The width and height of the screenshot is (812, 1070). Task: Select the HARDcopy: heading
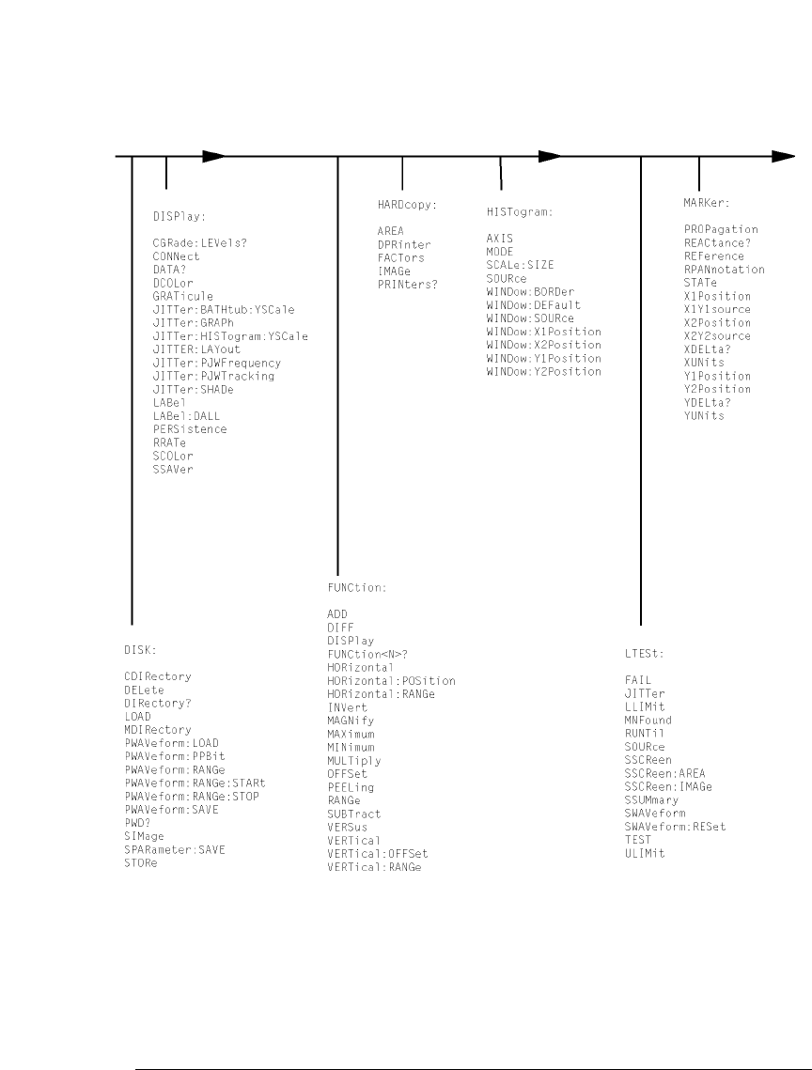402,204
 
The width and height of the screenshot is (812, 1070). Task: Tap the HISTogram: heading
520,212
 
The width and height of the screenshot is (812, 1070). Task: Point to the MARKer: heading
707,202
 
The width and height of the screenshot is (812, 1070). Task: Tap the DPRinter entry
405,244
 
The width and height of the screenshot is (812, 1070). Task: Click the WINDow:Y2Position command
543,371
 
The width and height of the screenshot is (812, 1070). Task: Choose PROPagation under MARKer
721,229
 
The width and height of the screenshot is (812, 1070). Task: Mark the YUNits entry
704,415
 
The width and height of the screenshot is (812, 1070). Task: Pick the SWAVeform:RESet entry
675,827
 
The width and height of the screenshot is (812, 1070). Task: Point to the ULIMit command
645,853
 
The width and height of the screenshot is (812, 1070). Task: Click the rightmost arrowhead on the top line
783,156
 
